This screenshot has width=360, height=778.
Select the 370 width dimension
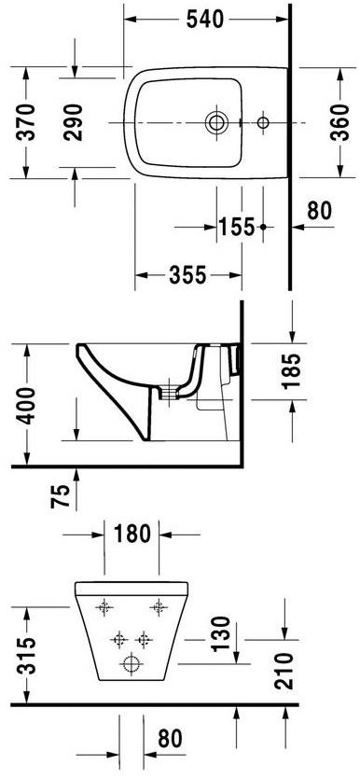(x=25, y=121)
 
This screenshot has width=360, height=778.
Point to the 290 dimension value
(x=74, y=121)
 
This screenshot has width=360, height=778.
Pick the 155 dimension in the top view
(x=237, y=227)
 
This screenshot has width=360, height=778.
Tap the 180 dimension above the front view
(x=132, y=534)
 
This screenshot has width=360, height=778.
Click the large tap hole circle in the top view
(x=216, y=121)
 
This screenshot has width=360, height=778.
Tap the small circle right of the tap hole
(x=263, y=121)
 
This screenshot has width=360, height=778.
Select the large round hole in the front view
(x=132, y=665)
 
